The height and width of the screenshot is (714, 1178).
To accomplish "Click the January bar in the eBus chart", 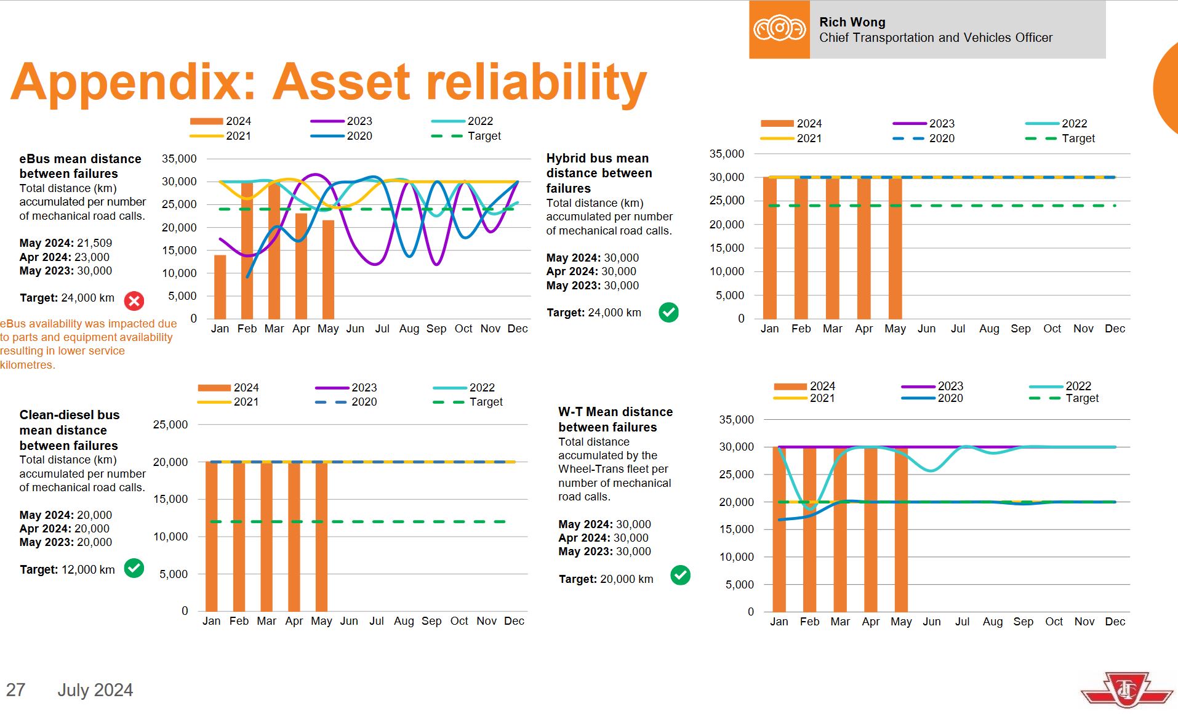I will (x=220, y=287).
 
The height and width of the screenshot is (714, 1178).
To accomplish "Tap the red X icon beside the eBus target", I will (x=134, y=301).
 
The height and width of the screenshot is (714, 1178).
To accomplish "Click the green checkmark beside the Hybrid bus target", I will (x=668, y=313).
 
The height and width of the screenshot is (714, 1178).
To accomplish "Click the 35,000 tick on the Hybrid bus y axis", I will (x=726, y=154).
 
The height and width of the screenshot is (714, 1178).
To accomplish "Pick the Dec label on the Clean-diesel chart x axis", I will (x=514, y=621).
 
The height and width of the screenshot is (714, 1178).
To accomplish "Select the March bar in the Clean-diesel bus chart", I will (x=266, y=536).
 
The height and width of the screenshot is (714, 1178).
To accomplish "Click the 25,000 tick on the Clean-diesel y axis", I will (x=170, y=425).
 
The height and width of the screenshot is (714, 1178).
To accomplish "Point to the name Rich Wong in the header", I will (x=852, y=22).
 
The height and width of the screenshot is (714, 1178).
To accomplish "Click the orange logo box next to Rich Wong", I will (x=779, y=30).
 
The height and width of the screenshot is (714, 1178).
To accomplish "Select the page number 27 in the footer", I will (x=16, y=690).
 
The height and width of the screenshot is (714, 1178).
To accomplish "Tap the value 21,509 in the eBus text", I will (x=94, y=243).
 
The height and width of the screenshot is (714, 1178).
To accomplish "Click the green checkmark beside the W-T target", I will (x=680, y=576).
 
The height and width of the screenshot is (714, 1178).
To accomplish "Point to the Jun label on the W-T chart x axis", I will (x=931, y=622).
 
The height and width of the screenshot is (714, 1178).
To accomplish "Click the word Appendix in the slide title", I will (x=133, y=82).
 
